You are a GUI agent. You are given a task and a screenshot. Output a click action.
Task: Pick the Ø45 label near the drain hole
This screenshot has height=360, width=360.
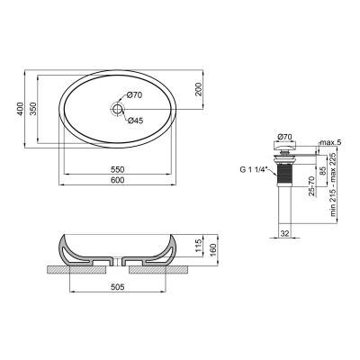coord(136,121)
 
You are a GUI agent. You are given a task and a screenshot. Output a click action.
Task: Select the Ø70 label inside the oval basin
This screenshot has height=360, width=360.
coord(136,95)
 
